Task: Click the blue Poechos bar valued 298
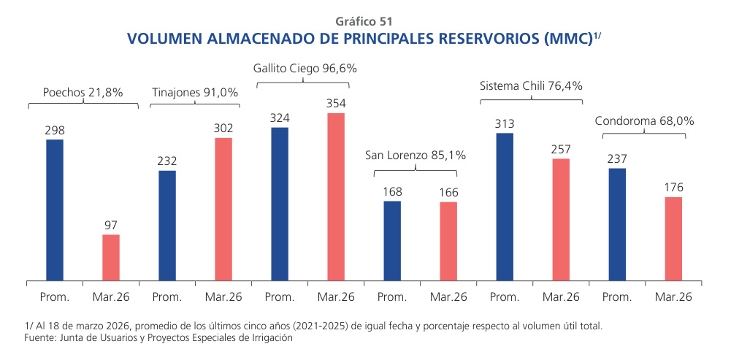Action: point(55,210)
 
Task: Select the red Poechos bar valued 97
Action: point(111,257)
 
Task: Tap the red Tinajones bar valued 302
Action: point(223,209)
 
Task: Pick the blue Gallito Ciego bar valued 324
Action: point(280,204)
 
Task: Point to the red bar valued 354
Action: point(336,196)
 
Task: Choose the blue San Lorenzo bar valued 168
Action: point(392,240)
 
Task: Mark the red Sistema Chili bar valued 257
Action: point(561,219)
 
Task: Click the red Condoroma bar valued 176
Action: point(673,238)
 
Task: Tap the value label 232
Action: point(167,161)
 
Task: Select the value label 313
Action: point(505,123)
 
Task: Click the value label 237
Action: point(617,159)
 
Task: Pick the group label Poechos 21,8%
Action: point(83,93)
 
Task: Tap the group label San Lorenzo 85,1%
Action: point(415,156)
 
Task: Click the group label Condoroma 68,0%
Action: point(644,121)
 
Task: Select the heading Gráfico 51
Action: point(364,21)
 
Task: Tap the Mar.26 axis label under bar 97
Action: point(111,297)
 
